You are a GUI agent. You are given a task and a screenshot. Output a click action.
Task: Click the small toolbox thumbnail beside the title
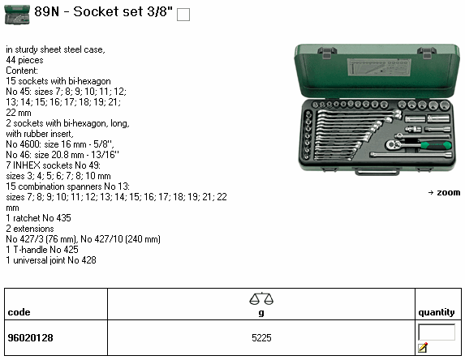17,15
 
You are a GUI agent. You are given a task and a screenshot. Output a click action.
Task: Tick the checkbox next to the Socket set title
183,15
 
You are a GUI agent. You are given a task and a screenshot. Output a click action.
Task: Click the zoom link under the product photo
444,193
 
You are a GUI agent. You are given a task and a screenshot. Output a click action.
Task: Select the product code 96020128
31,338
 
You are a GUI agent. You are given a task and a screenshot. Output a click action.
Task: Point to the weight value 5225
261,338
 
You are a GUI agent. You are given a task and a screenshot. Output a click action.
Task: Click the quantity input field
437,332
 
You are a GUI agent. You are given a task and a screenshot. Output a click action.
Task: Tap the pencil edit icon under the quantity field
423,347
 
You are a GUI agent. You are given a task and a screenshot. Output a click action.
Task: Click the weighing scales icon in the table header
261,298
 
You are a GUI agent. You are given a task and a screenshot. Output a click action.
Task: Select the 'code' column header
19,312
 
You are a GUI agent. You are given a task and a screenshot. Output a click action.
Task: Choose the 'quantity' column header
437,312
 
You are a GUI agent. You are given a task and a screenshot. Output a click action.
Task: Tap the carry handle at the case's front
377,171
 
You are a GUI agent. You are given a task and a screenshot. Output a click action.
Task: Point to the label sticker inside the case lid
379,67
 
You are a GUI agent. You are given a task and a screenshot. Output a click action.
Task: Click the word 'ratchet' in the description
27,218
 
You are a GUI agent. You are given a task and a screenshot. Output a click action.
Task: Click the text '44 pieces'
24,60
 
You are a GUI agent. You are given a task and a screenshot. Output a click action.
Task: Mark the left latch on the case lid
327,53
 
